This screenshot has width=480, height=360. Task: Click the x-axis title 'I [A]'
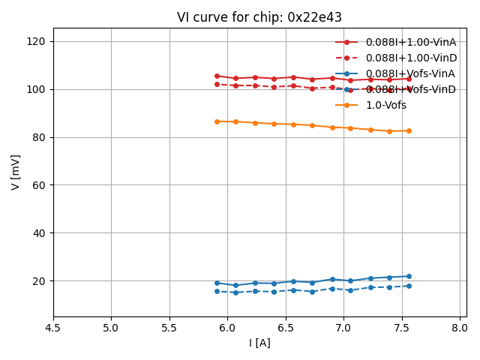(x=260, y=343)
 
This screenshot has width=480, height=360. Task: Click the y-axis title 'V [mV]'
(x=16, y=172)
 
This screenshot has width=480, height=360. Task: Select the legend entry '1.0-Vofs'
(x=385, y=105)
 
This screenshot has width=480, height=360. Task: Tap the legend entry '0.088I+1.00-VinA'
(x=410, y=42)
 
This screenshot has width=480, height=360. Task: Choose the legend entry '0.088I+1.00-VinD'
(x=410, y=58)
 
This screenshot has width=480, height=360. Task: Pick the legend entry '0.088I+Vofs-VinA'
(x=409, y=73)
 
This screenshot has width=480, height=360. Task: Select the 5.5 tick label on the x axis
(x=169, y=328)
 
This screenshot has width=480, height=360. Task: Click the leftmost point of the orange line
(x=217, y=121)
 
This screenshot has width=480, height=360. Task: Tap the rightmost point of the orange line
(x=409, y=130)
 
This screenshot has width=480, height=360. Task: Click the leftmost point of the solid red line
(x=217, y=76)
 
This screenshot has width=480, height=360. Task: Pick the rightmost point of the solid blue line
(x=409, y=276)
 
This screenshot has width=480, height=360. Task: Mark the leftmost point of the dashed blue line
(x=217, y=291)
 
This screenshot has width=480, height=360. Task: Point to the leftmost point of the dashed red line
(x=217, y=84)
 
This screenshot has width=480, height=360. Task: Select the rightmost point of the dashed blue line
(x=409, y=286)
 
